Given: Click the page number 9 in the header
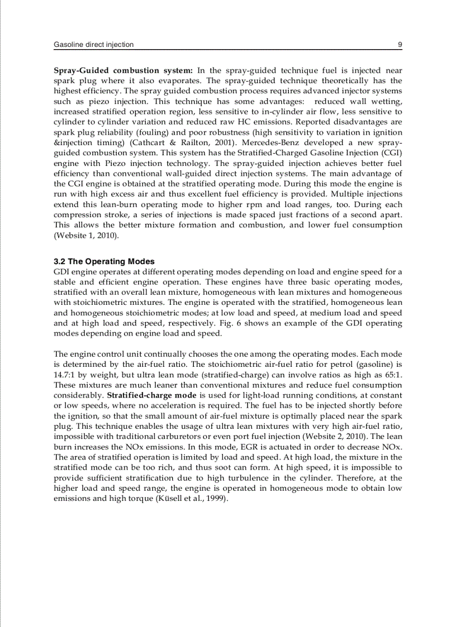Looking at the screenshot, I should pyautogui.click(x=400, y=44).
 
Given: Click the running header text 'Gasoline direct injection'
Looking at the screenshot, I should pyautogui.click(x=93, y=44).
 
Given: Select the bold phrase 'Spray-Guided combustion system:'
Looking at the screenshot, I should pyautogui.click(x=123, y=70).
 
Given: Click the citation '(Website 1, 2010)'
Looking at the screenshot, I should pyautogui.click(x=86, y=235).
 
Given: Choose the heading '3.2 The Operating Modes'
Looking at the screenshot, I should pyautogui.click(x=104, y=261).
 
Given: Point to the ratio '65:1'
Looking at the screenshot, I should pyautogui.click(x=392, y=375).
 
